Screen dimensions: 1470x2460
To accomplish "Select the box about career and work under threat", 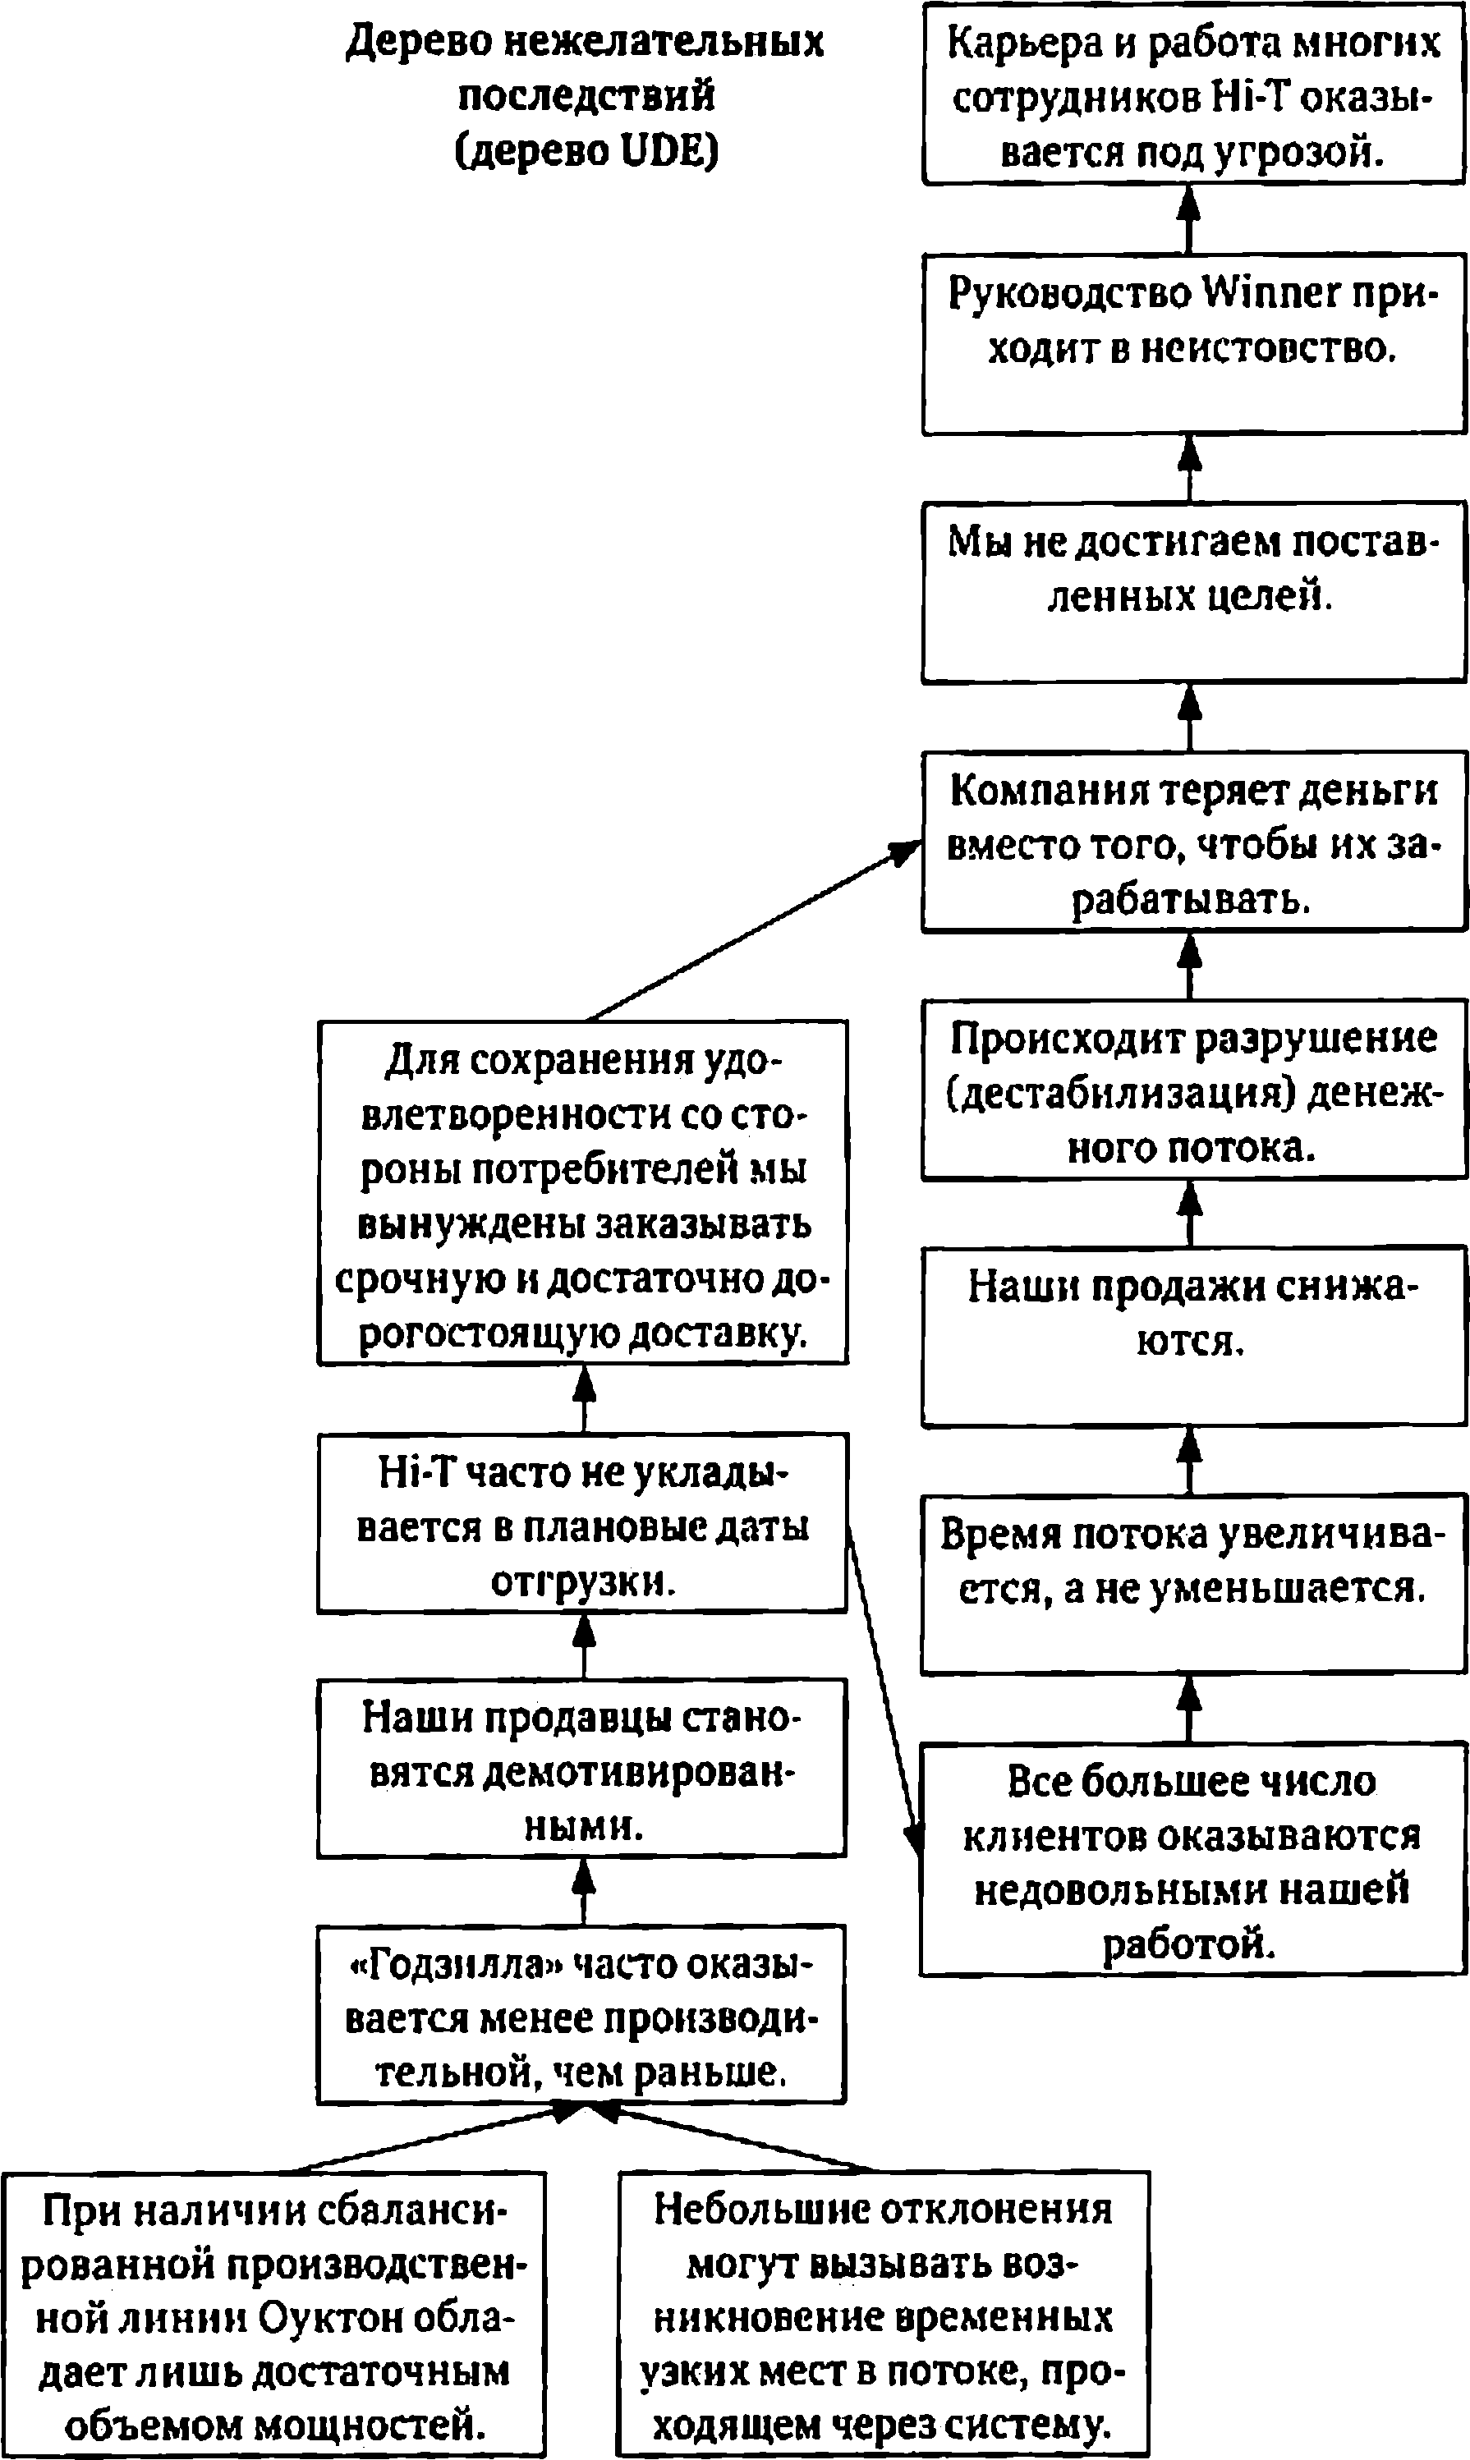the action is coord(1193,94).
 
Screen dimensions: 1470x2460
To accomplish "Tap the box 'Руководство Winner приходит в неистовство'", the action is coord(1193,344).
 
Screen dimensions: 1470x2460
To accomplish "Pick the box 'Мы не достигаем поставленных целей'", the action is coord(1193,592).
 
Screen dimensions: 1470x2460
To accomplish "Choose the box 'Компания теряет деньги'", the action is coord(1193,842).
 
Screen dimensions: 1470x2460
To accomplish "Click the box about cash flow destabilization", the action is coord(1193,1090).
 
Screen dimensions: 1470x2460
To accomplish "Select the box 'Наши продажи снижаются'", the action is coord(1193,1337).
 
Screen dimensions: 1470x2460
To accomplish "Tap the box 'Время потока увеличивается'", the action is coord(1193,1585).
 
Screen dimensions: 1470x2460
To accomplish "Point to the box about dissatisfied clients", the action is coord(1193,1859).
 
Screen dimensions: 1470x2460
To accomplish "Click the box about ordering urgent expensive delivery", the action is coord(582,1192).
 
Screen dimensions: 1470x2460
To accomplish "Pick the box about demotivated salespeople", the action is coord(582,1768).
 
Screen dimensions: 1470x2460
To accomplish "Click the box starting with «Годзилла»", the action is coord(581,2014).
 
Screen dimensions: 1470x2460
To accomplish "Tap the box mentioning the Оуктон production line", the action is coord(273,2315).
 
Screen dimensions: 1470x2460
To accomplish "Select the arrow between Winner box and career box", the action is coord(1190,219).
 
